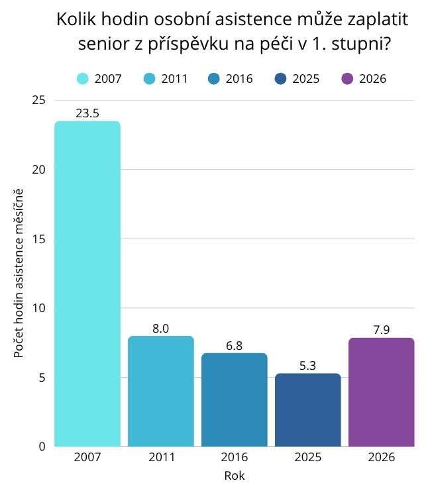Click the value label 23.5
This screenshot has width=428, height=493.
click(x=87, y=114)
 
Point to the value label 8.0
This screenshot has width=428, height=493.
click(x=161, y=329)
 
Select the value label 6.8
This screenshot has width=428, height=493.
click(x=235, y=346)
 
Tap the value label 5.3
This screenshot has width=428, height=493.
click(x=308, y=366)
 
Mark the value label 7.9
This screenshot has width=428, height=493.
click(x=381, y=330)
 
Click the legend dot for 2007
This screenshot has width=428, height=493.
click(x=83, y=79)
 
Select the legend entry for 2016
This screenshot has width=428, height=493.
click(x=231, y=79)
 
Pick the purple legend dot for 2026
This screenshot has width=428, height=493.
click(x=347, y=79)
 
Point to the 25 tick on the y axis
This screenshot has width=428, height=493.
click(x=39, y=100)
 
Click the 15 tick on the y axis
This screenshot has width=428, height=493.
click(x=39, y=239)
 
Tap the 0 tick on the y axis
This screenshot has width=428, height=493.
click(x=42, y=447)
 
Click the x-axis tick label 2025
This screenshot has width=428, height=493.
click(x=308, y=458)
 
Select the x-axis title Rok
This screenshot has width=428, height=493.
click(x=235, y=476)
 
